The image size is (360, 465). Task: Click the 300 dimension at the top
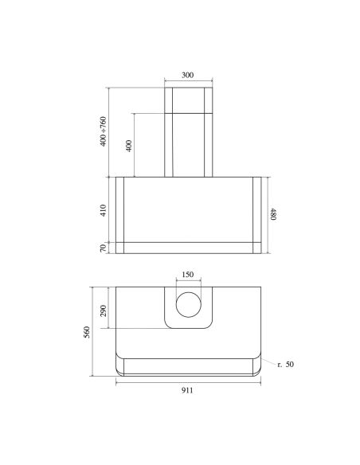tap(187, 75)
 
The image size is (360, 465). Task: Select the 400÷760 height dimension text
tap(103, 131)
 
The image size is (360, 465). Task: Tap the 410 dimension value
tap(103, 210)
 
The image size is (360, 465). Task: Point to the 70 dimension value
tap(103, 248)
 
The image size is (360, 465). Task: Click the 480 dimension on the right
tap(273, 214)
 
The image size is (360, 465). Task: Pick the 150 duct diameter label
tap(187, 275)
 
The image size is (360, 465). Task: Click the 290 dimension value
tap(103, 311)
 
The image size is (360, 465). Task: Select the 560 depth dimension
tap(87, 333)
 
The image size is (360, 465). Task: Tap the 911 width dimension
tap(187, 390)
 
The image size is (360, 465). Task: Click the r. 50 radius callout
tap(286, 364)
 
